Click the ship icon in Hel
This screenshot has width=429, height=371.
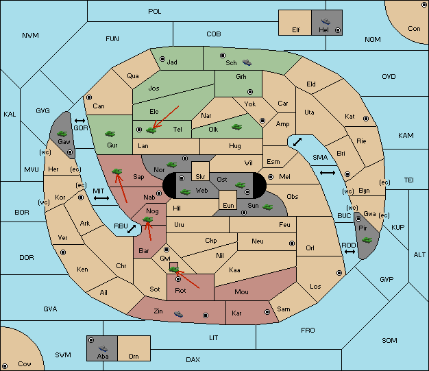click(326, 21)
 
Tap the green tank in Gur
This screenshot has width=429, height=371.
click(110, 134)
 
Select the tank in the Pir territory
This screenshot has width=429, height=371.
click(367, 240)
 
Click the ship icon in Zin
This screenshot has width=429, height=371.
click(178, 314)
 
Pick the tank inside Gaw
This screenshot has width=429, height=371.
click(62, 134)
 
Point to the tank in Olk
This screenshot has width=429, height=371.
click(236, 127)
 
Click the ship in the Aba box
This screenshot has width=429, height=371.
click(103, 348)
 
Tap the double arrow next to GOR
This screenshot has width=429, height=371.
click(80, 121)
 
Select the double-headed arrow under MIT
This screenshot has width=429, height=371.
click(101, 198)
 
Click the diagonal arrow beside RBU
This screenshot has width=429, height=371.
click(132, 229)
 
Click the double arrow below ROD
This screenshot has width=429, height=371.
click(350, 252)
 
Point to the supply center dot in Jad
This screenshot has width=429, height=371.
click(162, 59)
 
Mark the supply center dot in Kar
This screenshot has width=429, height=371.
click(267, 312)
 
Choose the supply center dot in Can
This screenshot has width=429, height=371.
click(89, 97)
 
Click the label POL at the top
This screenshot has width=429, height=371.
click(155, 12)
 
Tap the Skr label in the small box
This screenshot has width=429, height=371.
click(200, 177)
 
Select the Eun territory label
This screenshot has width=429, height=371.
click(228, 205)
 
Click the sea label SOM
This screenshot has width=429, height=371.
click(389, 341)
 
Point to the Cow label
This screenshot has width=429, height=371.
click(25, 364)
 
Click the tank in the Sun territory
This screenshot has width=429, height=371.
click(267, 207)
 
